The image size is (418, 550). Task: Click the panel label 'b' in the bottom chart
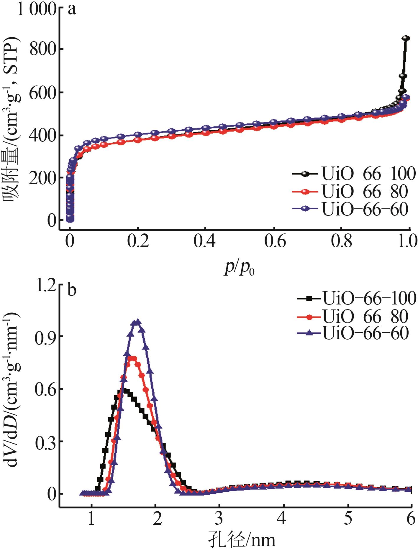click(x=72, y=291)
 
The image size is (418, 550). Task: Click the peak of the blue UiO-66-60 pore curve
click(x=137, y=322)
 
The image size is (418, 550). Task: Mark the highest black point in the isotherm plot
click(x=406, y=38)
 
